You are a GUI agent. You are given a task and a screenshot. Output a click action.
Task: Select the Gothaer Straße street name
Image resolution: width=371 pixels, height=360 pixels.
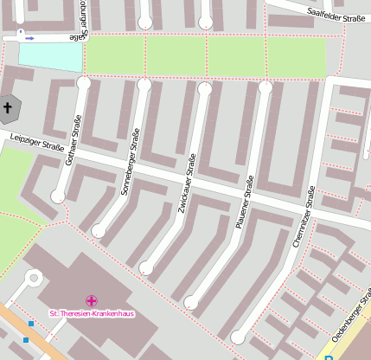click(x=72, y=139)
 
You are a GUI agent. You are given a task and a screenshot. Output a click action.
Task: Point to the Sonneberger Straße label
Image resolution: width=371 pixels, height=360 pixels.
click(x=129, y=161)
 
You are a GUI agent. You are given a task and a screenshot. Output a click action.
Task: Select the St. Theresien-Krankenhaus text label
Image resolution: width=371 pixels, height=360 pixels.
click(x=91, y=313)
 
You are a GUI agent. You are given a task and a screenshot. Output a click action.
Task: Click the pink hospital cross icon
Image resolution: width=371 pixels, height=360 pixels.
click(x=92, y=300)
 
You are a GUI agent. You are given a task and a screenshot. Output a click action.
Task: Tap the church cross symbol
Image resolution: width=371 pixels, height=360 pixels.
click(x=9, y=108)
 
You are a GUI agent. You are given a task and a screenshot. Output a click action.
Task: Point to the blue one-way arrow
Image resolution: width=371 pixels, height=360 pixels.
click(x=29, y=38)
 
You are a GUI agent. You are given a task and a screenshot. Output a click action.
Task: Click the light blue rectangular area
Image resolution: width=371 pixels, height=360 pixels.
click(x=50, y=56)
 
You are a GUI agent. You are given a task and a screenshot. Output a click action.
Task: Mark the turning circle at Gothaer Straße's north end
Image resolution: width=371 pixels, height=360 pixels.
click(x=83, y=83)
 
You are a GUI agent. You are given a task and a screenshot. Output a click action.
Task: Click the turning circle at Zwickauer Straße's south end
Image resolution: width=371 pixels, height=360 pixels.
click(x=146, y=268)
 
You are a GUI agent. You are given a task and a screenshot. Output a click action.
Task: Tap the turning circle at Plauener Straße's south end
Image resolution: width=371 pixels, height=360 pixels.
click(x=190, y=302)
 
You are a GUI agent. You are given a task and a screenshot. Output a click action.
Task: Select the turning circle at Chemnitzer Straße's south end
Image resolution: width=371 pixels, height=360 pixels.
click(x=238, y=337)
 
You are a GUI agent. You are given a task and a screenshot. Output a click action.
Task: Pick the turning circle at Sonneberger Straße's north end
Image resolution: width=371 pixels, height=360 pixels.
click(x=144, y=85)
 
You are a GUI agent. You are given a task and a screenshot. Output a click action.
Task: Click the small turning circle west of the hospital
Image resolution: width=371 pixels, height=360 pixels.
click(x=34, y=278)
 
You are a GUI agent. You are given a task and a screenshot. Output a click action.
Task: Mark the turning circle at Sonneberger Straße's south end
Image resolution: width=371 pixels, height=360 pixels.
click(x=99, y=231)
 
